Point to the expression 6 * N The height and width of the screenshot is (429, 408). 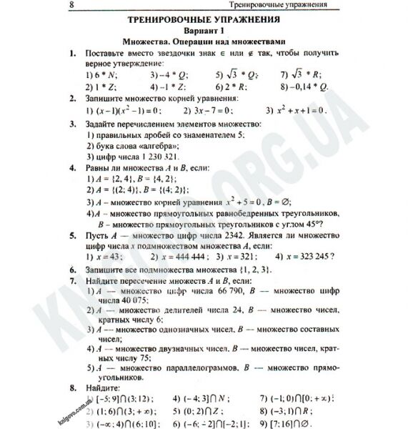point(101,74)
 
